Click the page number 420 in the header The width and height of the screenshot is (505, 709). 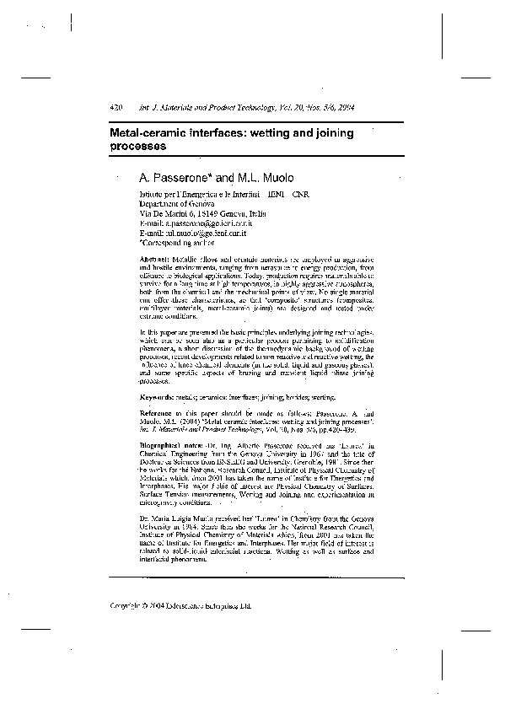click(117, 108)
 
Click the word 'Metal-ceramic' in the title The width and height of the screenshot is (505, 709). click(150, 133)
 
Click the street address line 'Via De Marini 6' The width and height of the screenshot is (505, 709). click(168, 213)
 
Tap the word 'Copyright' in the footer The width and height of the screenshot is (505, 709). click(126, 604)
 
